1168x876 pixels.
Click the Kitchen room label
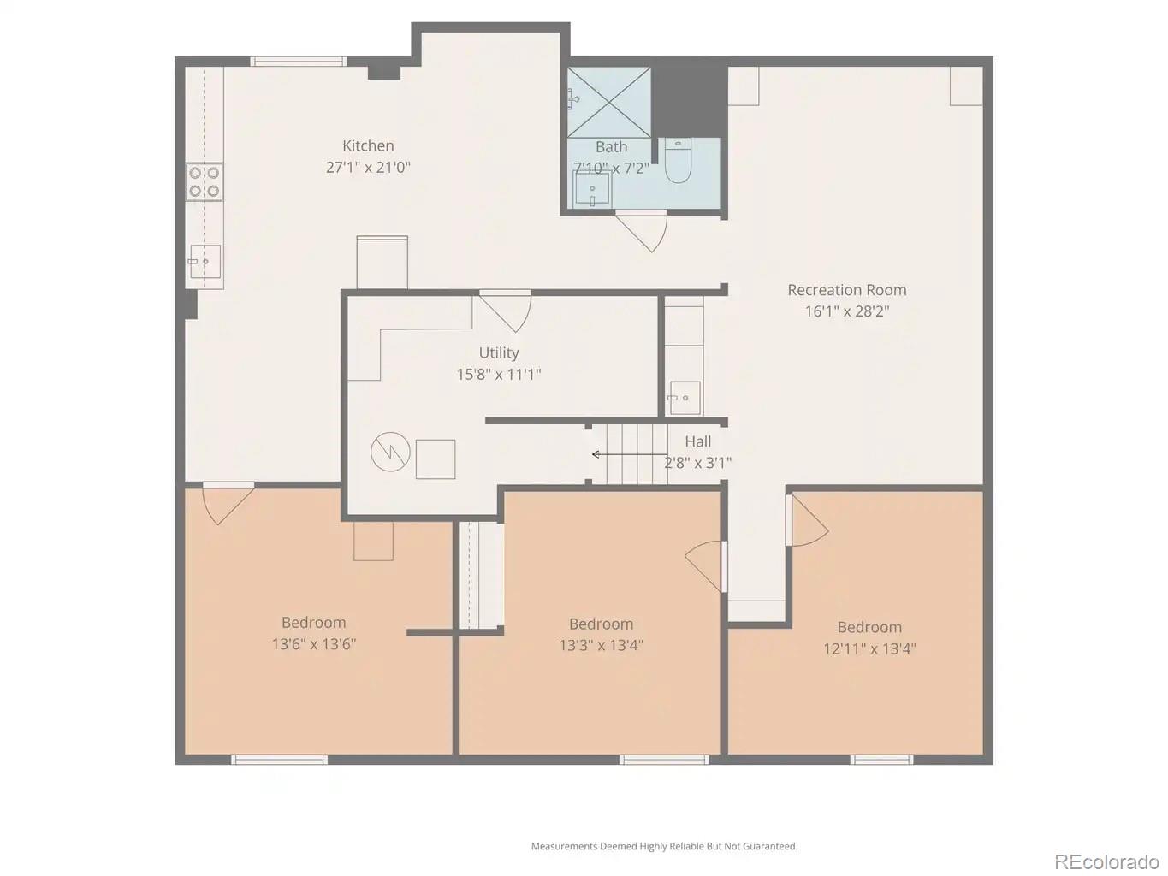click(x=368, y=146)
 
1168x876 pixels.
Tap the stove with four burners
click(x=205, y=182)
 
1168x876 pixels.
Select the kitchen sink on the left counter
click(x=205, y=261)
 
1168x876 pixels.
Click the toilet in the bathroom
click(x=678, y=163)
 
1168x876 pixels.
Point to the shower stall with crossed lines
click(x=608, y=102)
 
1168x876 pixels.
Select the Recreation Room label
click(x=846, y=290)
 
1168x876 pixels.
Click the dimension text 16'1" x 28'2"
click(x=846, y=311)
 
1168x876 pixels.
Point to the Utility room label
click(x=499, y=352)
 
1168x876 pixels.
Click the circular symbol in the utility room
click(x=390, y=452)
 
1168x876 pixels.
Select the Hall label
click(x=697, y=441)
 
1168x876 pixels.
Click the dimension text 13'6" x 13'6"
click(x=313, y=644)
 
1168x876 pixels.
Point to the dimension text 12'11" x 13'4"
click(x=869, y=648)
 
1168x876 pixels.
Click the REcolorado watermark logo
click(x=1106, y=861)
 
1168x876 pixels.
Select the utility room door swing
click(x=508, y=310)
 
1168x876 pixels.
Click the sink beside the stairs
click(x=685, y=398)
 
